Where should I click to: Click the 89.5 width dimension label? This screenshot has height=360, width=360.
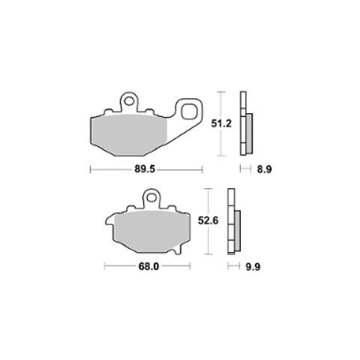click(145, 169)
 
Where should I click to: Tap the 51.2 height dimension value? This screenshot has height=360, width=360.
click(221, 123)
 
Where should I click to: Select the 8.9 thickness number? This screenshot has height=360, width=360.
click(264, 169)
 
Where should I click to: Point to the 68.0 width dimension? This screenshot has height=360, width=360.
click(148, 266)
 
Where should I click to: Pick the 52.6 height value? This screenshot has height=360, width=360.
click(208, 220)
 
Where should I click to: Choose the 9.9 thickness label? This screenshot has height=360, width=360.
click(253, 267)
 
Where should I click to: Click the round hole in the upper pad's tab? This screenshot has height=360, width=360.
click(129, 101)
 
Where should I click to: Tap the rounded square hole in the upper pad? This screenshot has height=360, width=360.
click(189, 112)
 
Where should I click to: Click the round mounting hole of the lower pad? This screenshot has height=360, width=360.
click(151, 198)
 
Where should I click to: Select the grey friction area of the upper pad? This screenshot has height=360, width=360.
click(129, 135)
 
